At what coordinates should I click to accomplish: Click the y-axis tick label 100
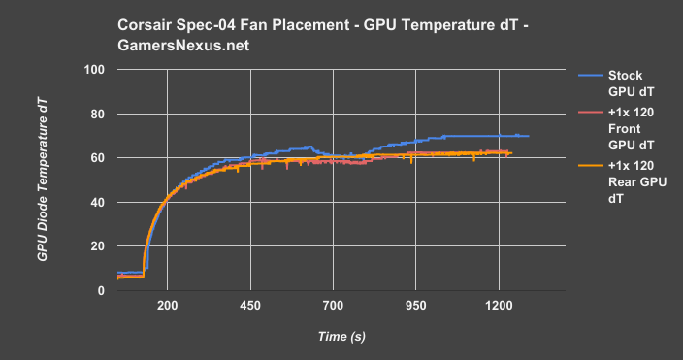(x=94, y=71)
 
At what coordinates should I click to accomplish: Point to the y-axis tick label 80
(x=97, y=115)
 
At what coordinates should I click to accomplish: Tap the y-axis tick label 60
(x=97, y=158)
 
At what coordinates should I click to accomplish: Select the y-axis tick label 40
(x=97, y=203)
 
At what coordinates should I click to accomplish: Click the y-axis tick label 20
(x=97, y=246)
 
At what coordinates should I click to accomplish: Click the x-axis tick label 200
(x=167, y=306)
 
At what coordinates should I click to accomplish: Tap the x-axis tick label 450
(x=250, y=306)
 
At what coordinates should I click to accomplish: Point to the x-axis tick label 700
(x=333, y=306)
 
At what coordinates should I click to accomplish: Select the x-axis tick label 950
(x=416, y=306)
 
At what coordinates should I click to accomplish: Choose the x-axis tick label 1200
(x=500, y=306)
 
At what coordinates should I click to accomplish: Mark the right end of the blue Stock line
(x=528, y=136)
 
